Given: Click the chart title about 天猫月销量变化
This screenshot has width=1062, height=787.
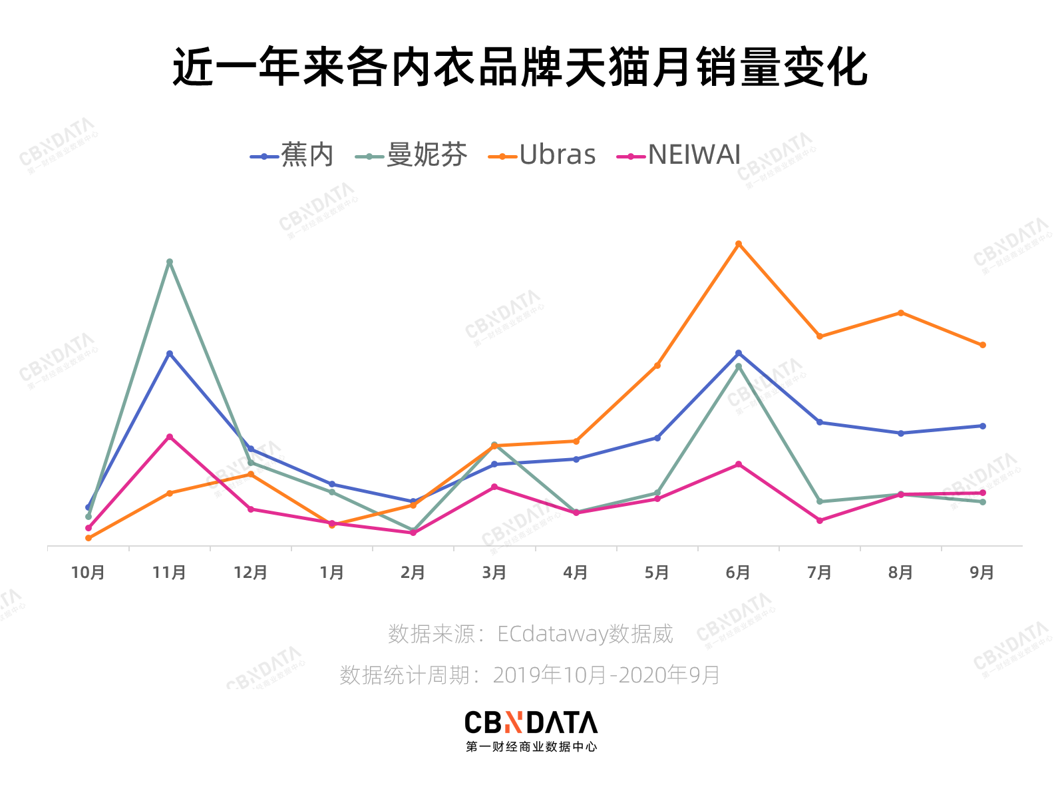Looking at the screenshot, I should coord(520,67).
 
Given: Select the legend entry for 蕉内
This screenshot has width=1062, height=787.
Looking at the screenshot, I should coord(293,155).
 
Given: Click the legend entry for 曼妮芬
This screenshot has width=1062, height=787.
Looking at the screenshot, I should coord(412,155).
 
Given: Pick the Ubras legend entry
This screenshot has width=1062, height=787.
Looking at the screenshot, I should coord(542,155).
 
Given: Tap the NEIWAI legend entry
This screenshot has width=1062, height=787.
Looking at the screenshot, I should coord(679,155).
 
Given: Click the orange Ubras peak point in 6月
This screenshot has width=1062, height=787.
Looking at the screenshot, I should coord(739,244).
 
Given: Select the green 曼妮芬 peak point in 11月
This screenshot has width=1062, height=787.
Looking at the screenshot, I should coord(170,262).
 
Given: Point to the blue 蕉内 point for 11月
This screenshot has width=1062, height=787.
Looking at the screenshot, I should coord(170,354).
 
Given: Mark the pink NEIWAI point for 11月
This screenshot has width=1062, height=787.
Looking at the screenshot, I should coord(170,437).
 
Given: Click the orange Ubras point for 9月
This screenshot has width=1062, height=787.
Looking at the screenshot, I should coord(983,345).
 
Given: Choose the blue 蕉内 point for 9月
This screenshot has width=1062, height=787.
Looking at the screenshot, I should coord(983,426).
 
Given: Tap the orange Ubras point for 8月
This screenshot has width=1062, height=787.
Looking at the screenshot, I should coord(901,313).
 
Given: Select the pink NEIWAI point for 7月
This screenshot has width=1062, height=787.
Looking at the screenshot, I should coord(820,521).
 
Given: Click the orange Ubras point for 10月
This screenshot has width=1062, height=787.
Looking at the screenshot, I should coord(88,538).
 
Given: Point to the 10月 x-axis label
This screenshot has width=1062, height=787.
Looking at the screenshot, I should coord(88,573).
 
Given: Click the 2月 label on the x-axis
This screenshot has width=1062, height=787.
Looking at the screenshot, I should coord(413,573).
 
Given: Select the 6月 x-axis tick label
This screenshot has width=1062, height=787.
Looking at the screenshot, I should coord(738,573).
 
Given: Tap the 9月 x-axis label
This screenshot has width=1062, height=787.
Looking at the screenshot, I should coord(982,573).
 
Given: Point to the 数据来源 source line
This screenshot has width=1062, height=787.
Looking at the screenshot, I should coord(530,634).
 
